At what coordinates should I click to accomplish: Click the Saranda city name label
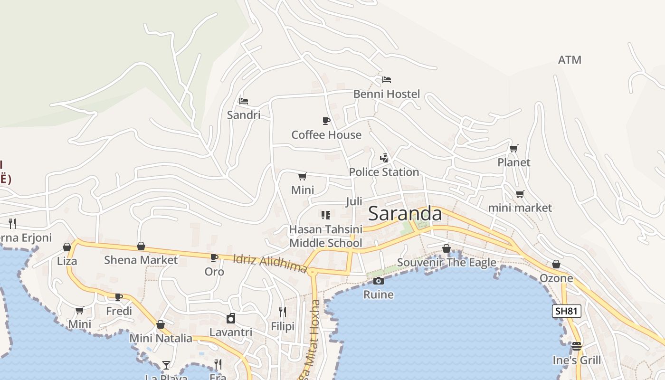405,214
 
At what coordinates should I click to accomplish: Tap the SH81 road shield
567,311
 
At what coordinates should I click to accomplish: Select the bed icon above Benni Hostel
387,80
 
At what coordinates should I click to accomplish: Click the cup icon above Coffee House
326,121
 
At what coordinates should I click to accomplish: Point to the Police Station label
384,172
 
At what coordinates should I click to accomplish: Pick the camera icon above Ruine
379,281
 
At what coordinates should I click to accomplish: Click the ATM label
570,60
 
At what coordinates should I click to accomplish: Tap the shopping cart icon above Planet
513,148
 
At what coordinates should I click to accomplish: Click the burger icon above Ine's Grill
577,346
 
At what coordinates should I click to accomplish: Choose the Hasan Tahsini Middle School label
326,236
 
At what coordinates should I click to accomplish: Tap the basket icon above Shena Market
141,246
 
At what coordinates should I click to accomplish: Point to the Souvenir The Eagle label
446,262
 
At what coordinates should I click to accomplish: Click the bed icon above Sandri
244,101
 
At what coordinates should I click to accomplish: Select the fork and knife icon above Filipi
283,312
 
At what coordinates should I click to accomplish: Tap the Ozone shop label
556,278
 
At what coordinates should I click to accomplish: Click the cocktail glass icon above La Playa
166,365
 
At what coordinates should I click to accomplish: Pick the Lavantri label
231,332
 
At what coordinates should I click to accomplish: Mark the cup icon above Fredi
119,297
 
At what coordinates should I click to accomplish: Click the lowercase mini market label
520,208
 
